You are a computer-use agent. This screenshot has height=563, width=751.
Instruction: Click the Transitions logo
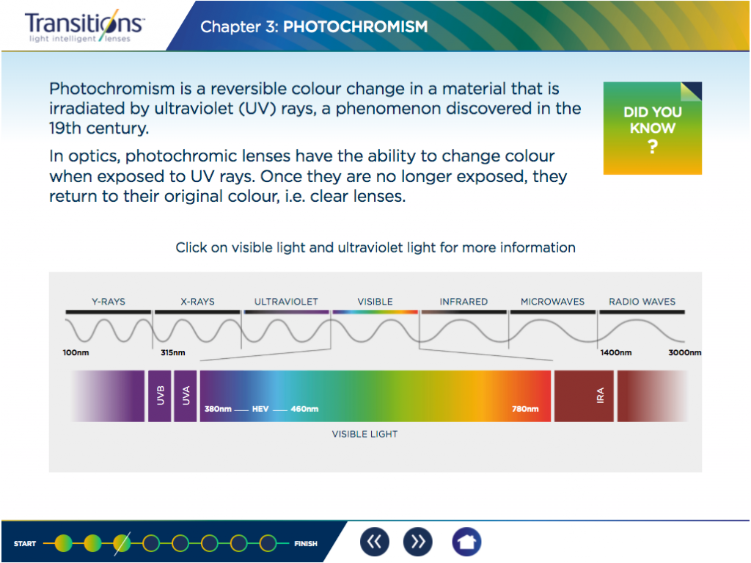click(84, 26)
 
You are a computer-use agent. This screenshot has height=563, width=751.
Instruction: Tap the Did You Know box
click(652, 128)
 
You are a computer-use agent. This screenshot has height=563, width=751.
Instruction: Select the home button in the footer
click(466, 542)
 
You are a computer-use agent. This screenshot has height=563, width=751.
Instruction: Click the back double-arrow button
click(375, 542)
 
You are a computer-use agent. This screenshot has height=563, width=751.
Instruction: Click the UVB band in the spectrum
click(159, 396)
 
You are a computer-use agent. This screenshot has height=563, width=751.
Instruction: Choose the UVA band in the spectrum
click(186, 396)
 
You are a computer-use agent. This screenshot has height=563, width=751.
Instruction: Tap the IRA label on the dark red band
click(600, 396)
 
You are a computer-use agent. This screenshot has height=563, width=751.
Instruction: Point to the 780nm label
click(525, 409)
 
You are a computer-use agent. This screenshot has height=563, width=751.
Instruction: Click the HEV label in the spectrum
click(260, 409)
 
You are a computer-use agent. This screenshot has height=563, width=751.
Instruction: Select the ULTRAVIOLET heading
click(286, 302)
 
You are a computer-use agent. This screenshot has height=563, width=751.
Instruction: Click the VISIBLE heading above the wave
click(375, 302)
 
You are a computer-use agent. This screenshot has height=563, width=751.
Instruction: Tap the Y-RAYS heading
click(109, 302)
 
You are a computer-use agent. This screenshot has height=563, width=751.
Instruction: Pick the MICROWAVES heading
click(553, 302)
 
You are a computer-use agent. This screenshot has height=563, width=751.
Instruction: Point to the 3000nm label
click(685, 352)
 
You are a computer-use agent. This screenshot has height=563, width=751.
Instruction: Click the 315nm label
click(173, 352)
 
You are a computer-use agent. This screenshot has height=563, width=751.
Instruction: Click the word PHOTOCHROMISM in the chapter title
click(356, 27)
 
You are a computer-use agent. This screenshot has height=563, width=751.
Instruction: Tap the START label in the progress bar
click(25, 544)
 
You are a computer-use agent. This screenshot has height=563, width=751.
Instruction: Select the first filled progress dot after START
click(63, 543)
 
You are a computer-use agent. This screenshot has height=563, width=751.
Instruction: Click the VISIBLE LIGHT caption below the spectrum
click(365, 434)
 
